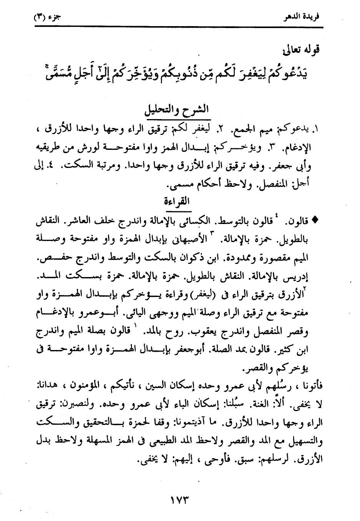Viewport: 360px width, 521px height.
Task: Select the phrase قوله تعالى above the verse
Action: (x=302, y=50)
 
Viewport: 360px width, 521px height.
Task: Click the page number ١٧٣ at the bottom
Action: (x=179, y=500)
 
